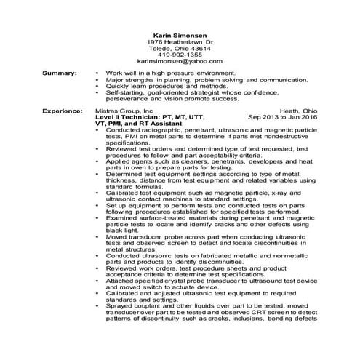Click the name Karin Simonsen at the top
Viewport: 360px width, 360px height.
tap(180, 34)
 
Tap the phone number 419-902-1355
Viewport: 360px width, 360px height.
tap(180, 55)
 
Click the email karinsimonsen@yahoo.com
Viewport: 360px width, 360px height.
tap(180, 62)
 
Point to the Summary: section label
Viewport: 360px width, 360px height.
tap(59, 74)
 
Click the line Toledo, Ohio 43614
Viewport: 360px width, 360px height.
tap(180, 48)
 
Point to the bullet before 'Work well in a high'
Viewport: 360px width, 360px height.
tap(97, 74)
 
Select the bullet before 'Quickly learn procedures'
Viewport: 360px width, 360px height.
tap(97, 87)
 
